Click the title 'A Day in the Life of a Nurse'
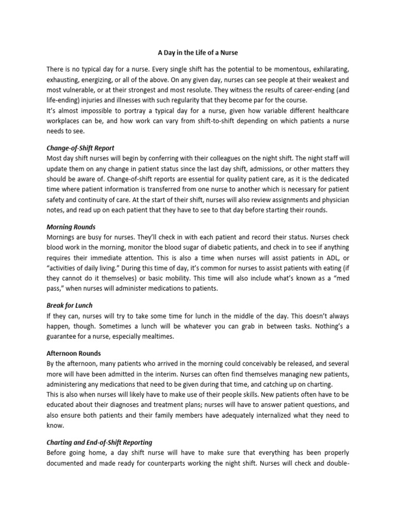click(x=197, y=52)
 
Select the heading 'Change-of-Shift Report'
click(x=80, y=147)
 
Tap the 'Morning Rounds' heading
click(x=71, y=227)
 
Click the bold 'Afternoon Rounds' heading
click(x=74, y=354)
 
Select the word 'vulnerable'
click(x=81, y=90)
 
